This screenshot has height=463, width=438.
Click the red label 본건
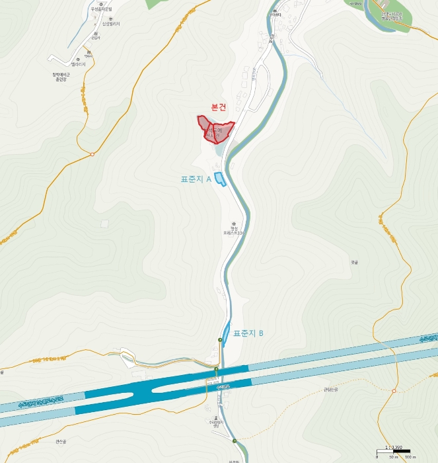(218, 108)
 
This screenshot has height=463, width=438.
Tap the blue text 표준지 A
(196, 179)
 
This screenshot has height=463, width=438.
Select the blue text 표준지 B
(248, 333)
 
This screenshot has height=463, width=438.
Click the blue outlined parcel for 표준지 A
(220, 179)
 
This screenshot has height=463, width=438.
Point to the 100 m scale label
(409, 457)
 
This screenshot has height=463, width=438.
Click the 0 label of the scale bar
(377, 457)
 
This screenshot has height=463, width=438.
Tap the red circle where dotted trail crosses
(92, 154)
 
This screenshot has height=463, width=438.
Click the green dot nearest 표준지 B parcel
(220, 340)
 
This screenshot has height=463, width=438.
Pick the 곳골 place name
(354, 263)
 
